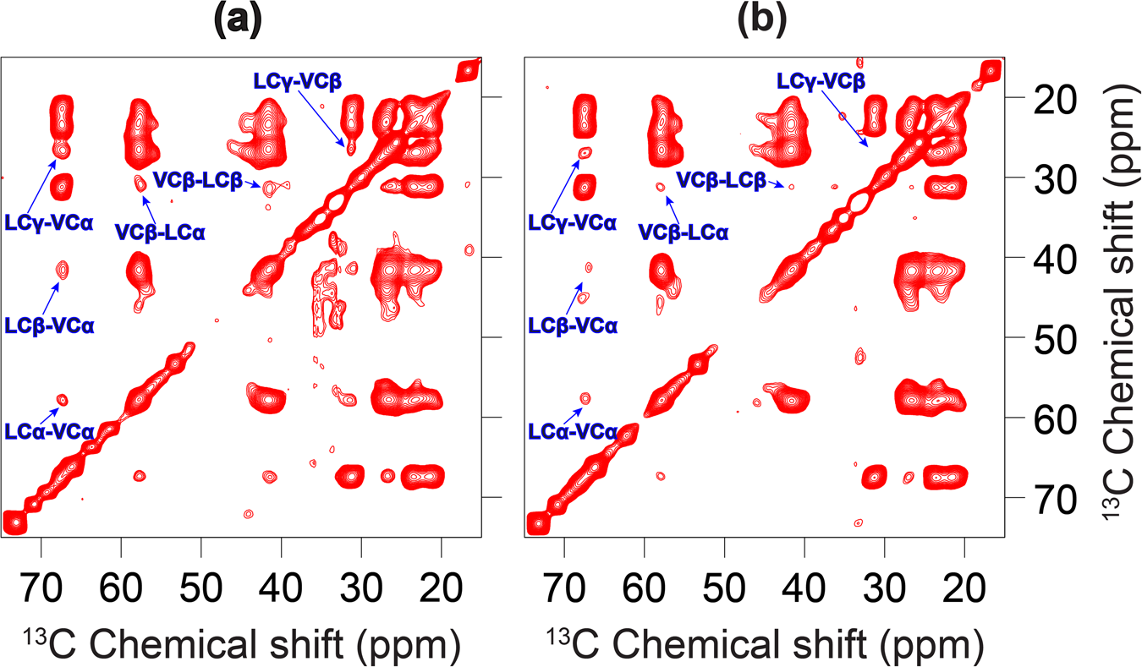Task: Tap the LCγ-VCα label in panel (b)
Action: click(x=573, y=224)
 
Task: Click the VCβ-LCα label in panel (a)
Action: click(x=161, y=231)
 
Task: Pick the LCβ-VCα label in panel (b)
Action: click(x=573, y=324)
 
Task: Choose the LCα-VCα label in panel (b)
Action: click(x=573, y=431)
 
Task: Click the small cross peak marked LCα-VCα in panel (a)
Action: click(x=62, y=400)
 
